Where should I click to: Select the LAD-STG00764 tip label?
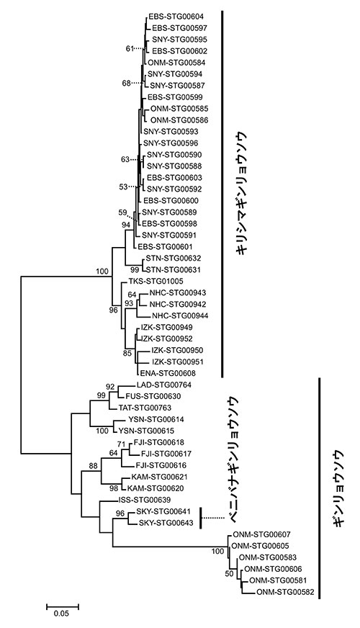pyautogui.click(x=159, y=385)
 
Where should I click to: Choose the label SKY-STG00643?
pyautogui.click(x=166, y=523)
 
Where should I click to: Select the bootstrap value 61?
pyautogui.click(x=130, y=49)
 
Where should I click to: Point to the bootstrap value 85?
pyautogui.click(x=127, y=354)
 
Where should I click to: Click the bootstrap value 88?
pyautogui.click(x=94, y=466)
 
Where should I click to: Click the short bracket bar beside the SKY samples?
pyautogui.click(x=201, y=518)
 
